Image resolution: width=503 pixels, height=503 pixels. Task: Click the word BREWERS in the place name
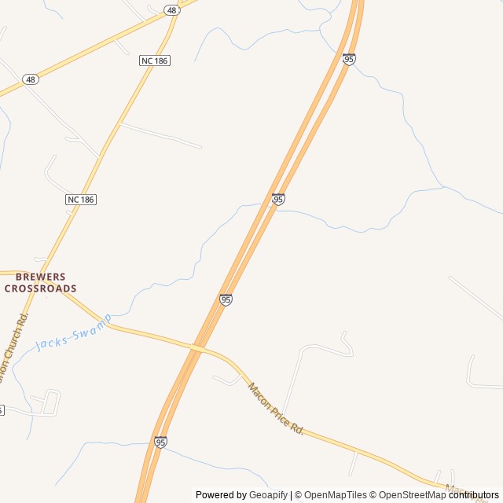coord(41,277)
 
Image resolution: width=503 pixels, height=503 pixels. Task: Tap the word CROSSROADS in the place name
coord(41,288)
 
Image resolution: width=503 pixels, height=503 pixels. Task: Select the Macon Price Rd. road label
coord(275,409)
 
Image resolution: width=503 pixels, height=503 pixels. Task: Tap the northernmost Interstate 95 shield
coord(349,59)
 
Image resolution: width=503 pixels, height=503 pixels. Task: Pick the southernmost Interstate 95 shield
coord(160,442)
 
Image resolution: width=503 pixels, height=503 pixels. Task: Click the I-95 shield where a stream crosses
coord(278,200)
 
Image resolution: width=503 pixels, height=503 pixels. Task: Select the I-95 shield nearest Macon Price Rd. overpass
coord(226,299)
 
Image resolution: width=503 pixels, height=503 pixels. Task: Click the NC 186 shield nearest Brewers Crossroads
coord(80,200)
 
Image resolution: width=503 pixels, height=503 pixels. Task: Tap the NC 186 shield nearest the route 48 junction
coord(154,61)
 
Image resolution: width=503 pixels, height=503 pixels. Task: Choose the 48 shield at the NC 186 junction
coord(171,10)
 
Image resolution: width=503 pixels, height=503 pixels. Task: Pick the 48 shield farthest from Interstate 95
coord(30,79)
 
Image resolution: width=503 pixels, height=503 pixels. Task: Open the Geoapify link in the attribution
coord(268,495)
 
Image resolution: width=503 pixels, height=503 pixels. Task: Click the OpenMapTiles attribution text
coord(335,495)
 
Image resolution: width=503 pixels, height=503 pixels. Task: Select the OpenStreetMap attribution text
coord(407,495)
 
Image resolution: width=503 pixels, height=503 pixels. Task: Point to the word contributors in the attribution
coord(473,495)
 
